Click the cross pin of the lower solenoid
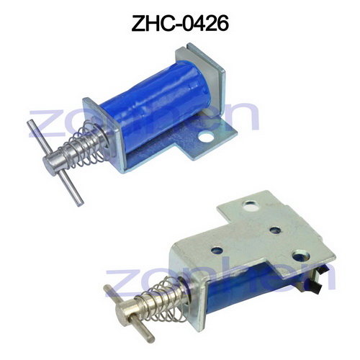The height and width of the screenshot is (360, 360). (130, 309)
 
